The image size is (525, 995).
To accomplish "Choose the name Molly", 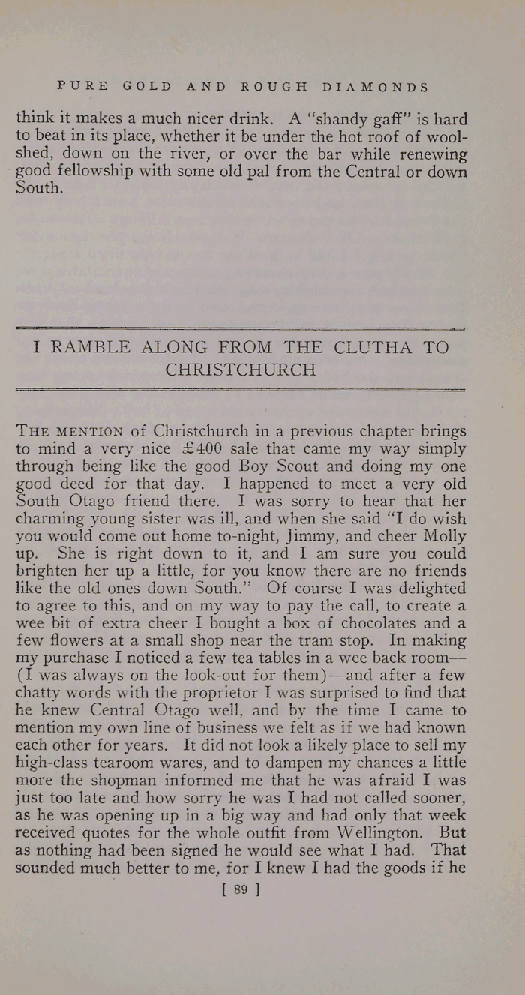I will coord(447,535).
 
